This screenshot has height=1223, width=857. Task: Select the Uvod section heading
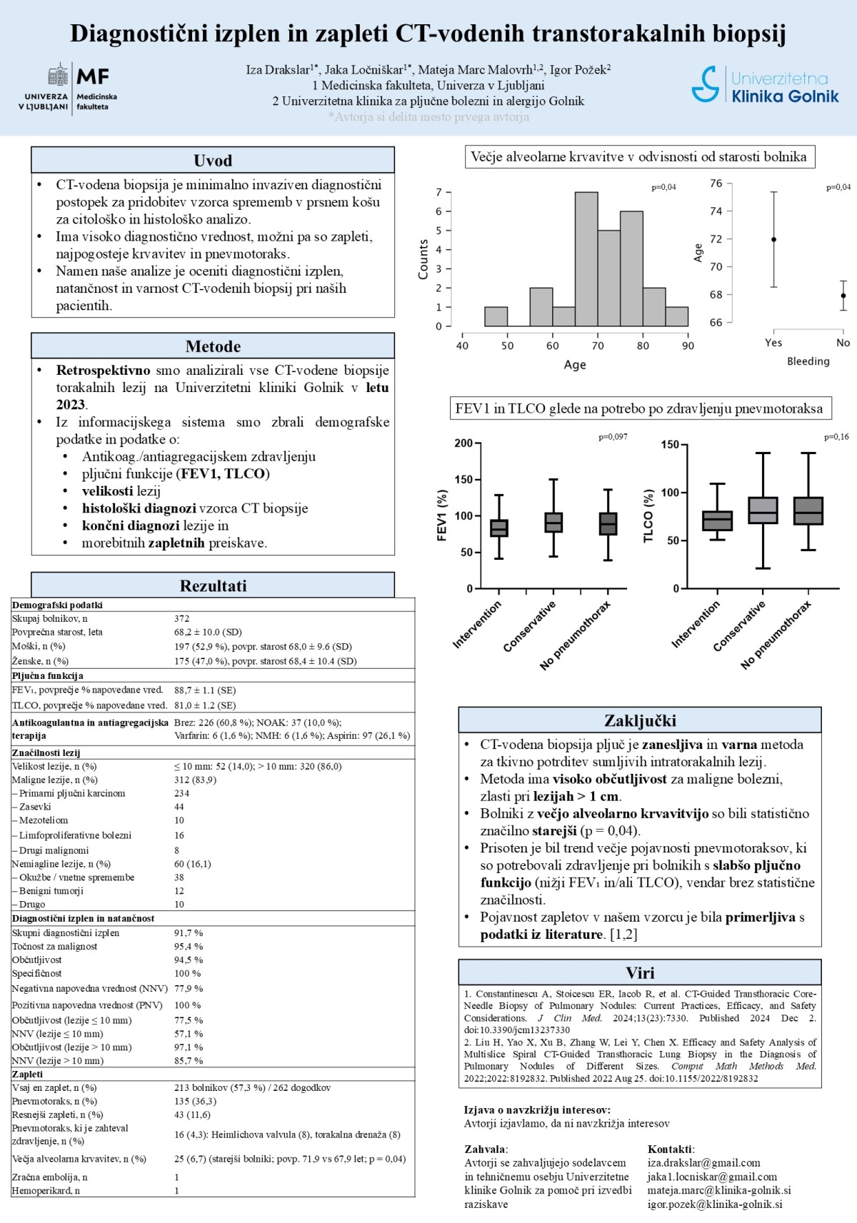coord(213,161)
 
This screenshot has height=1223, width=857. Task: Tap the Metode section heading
coord(213,346)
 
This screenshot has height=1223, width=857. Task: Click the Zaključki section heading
coord(640,720)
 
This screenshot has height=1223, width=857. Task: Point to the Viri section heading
coord(640,973)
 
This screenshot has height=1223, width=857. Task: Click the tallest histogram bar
coord(586,259)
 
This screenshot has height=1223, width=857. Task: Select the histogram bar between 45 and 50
coord(496,316)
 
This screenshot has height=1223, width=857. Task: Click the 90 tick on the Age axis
coord(688,346)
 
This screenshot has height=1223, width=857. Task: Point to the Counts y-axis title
coord(423,259)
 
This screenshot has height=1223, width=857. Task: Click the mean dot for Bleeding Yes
coord(773,240)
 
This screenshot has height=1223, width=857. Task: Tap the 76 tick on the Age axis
coord(716,183)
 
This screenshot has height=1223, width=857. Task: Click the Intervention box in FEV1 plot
coord(499,528)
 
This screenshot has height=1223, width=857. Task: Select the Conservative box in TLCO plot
coord(763,510)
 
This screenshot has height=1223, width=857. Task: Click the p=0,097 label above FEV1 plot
coord(613,437)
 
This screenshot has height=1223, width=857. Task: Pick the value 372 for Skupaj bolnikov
coord(182,619)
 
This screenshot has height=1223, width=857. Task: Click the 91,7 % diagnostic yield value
coord(189,933)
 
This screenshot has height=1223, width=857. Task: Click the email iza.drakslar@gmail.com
coord(703,1163)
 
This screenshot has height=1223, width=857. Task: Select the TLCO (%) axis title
coord(648,516)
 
